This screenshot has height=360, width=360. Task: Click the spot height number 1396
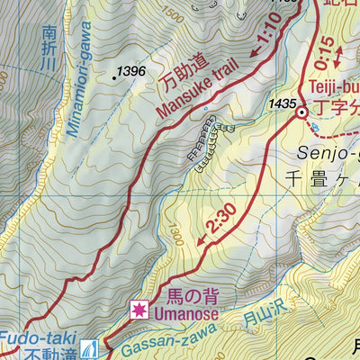tap(131, 70)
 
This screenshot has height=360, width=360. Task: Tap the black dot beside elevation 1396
tap(114, 78)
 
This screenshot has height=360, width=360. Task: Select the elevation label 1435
tap(282, 104)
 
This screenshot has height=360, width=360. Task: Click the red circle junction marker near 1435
tap(301, 112)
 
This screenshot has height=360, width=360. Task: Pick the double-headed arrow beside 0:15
tap(337, 55)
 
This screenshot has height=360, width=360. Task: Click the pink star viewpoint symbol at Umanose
tap(139, 310)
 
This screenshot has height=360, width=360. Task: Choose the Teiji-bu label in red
tap(334, 88)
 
